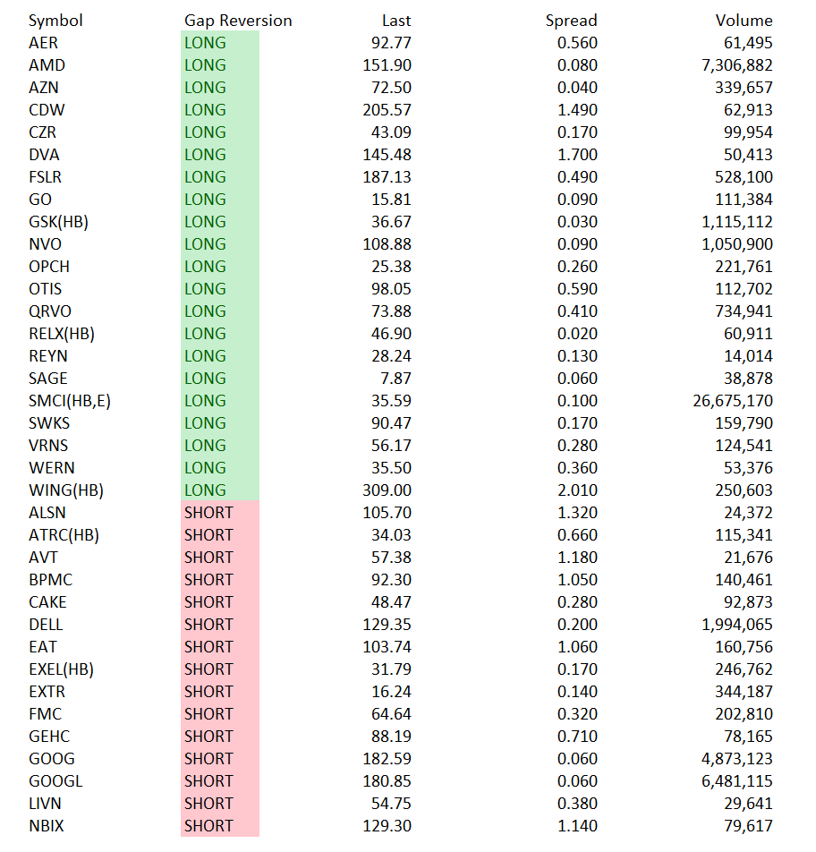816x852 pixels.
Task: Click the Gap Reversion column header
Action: (238, 21)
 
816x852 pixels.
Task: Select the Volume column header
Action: (744, 21)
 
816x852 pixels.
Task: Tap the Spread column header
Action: (571, 21)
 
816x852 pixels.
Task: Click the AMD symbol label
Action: (47, 65)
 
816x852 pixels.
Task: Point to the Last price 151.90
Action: (387, 65)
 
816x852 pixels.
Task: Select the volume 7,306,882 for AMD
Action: (736, 65)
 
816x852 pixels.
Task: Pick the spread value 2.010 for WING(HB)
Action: (577, 490)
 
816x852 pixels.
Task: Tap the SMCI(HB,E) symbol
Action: (70, 401)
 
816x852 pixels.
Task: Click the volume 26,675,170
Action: (732, 401)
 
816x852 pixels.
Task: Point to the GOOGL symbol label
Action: (55, 781)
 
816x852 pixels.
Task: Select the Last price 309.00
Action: (387, 490)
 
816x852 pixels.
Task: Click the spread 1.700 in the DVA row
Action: (577, 155)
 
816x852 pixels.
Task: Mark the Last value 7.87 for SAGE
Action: (395, 379)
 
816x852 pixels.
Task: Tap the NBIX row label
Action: (47, 826)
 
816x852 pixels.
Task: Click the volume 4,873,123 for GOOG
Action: (736, 759)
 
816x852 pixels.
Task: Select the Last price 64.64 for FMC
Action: (391, 714)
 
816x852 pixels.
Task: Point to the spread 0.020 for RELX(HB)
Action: (577, 334)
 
